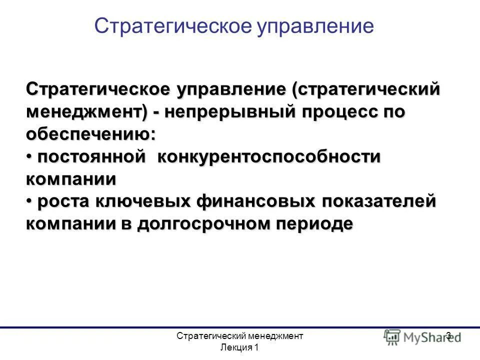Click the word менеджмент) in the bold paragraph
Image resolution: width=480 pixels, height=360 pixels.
86,112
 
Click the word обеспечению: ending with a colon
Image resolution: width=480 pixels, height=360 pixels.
90,134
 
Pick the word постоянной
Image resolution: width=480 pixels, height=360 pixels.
91,157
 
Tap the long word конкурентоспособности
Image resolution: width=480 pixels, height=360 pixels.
269,157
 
